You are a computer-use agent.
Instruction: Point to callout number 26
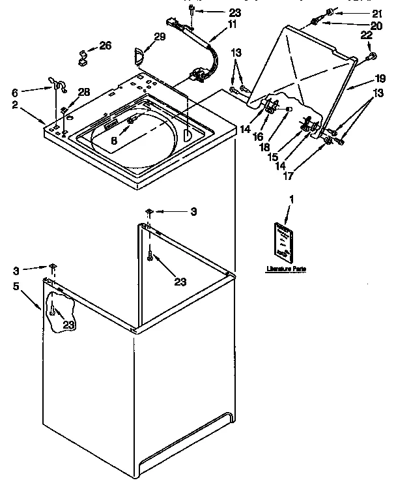105,45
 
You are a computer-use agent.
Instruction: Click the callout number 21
377,13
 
